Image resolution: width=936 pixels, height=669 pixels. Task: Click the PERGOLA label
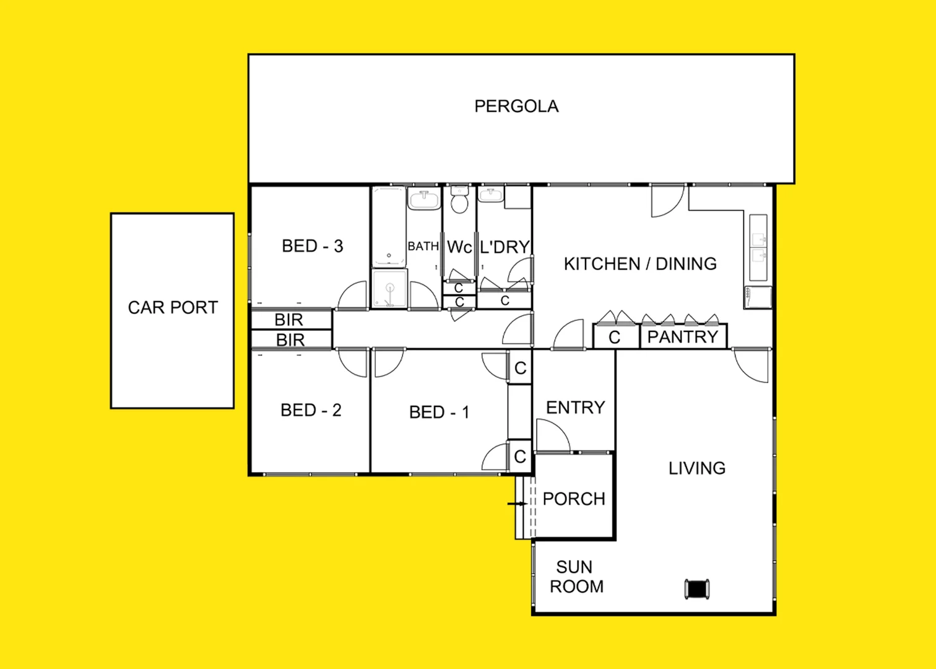tap(516, 107)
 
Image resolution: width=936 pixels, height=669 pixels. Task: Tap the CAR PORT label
tap(173, 308)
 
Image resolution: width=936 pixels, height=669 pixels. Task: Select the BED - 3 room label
tap(312, 247)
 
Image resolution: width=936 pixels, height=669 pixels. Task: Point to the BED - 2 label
tap(311, 410)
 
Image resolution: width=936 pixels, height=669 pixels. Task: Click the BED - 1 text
tap(439, 413)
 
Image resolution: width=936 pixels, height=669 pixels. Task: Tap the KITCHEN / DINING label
tap(640, 264)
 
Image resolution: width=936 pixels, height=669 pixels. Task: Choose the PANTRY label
tap(682, 337)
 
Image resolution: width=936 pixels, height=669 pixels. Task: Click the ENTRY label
tap(575, 408)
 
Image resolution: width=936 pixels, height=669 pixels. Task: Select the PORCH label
tap(574, 499)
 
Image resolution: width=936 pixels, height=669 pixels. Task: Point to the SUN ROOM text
tap(576, 577)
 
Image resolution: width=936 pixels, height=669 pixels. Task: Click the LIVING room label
tap(696, 468)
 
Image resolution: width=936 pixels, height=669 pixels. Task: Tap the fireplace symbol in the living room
tap(697, 588)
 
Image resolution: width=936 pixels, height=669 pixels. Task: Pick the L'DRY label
tap(505, 247)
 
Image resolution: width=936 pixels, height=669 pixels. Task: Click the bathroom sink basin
tap(424, 200)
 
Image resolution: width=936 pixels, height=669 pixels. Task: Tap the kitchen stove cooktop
tap(758, 297)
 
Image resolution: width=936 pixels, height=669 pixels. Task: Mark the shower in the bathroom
tap(390, 288)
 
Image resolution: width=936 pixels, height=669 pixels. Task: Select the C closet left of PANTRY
tap(615, 337)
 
